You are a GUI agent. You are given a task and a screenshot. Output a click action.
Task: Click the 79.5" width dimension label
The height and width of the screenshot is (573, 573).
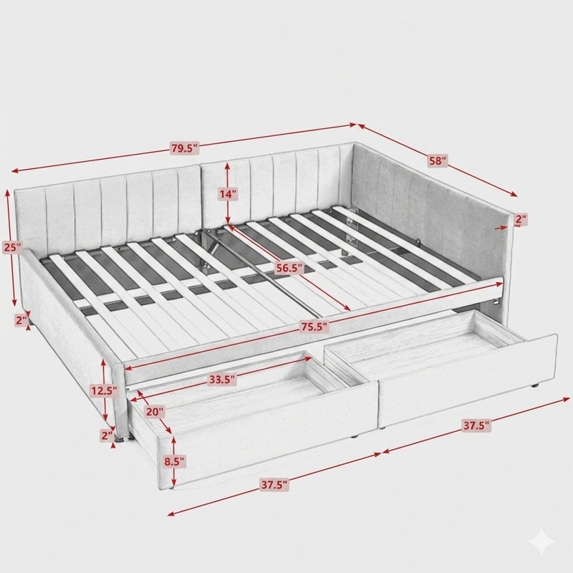185,148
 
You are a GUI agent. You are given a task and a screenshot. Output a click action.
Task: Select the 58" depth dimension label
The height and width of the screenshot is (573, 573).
437,160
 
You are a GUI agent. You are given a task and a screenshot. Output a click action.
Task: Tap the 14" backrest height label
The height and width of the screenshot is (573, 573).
228,194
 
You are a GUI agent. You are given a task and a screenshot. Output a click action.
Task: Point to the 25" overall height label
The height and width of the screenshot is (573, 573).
12,247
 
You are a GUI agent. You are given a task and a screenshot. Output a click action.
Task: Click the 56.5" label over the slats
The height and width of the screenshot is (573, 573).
289,268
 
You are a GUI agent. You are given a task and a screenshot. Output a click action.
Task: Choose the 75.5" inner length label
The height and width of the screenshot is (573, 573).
314,327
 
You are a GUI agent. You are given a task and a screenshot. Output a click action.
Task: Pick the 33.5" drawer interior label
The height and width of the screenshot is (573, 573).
222,380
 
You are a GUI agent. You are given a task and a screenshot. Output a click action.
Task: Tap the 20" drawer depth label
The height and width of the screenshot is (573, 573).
155,412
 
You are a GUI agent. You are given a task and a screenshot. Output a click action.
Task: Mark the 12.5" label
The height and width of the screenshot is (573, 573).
104,391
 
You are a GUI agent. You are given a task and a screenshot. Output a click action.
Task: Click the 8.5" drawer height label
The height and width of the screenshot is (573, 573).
174,461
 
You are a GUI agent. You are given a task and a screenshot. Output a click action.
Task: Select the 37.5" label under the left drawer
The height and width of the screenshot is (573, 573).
274,485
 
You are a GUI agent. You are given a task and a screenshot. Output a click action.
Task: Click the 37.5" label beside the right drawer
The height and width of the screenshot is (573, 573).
476,425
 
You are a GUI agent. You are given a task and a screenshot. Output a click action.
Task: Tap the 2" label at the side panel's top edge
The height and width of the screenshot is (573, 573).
521,219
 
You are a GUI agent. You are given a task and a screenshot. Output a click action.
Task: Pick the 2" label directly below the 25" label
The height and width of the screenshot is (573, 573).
21,320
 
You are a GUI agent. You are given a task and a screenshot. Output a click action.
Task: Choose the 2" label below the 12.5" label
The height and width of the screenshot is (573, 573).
107,435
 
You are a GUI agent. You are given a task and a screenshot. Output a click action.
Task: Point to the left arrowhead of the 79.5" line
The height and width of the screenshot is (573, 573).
14,170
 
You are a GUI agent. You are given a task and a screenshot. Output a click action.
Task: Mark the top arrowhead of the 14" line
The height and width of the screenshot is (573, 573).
227,166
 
